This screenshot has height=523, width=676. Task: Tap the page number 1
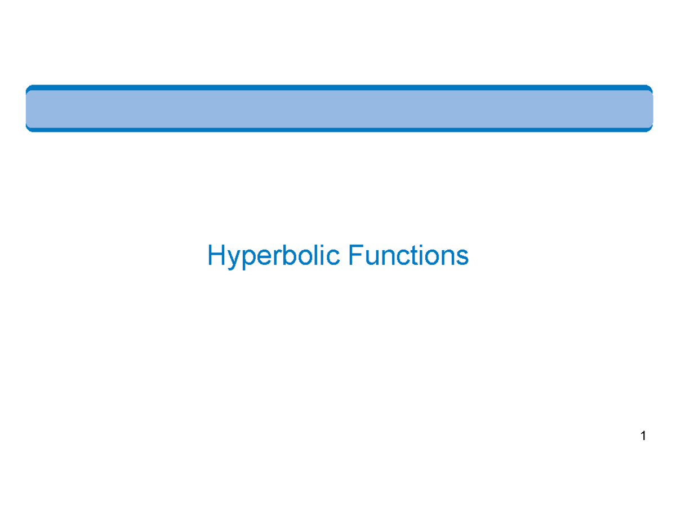643,436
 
